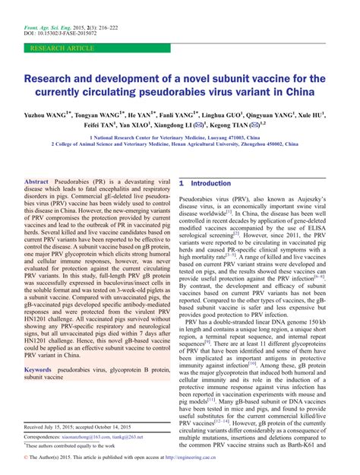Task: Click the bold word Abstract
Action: click(x=36, y=184)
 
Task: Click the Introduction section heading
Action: click(x=211, y=184)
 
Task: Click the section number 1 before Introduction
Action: click(x=182, y=184)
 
